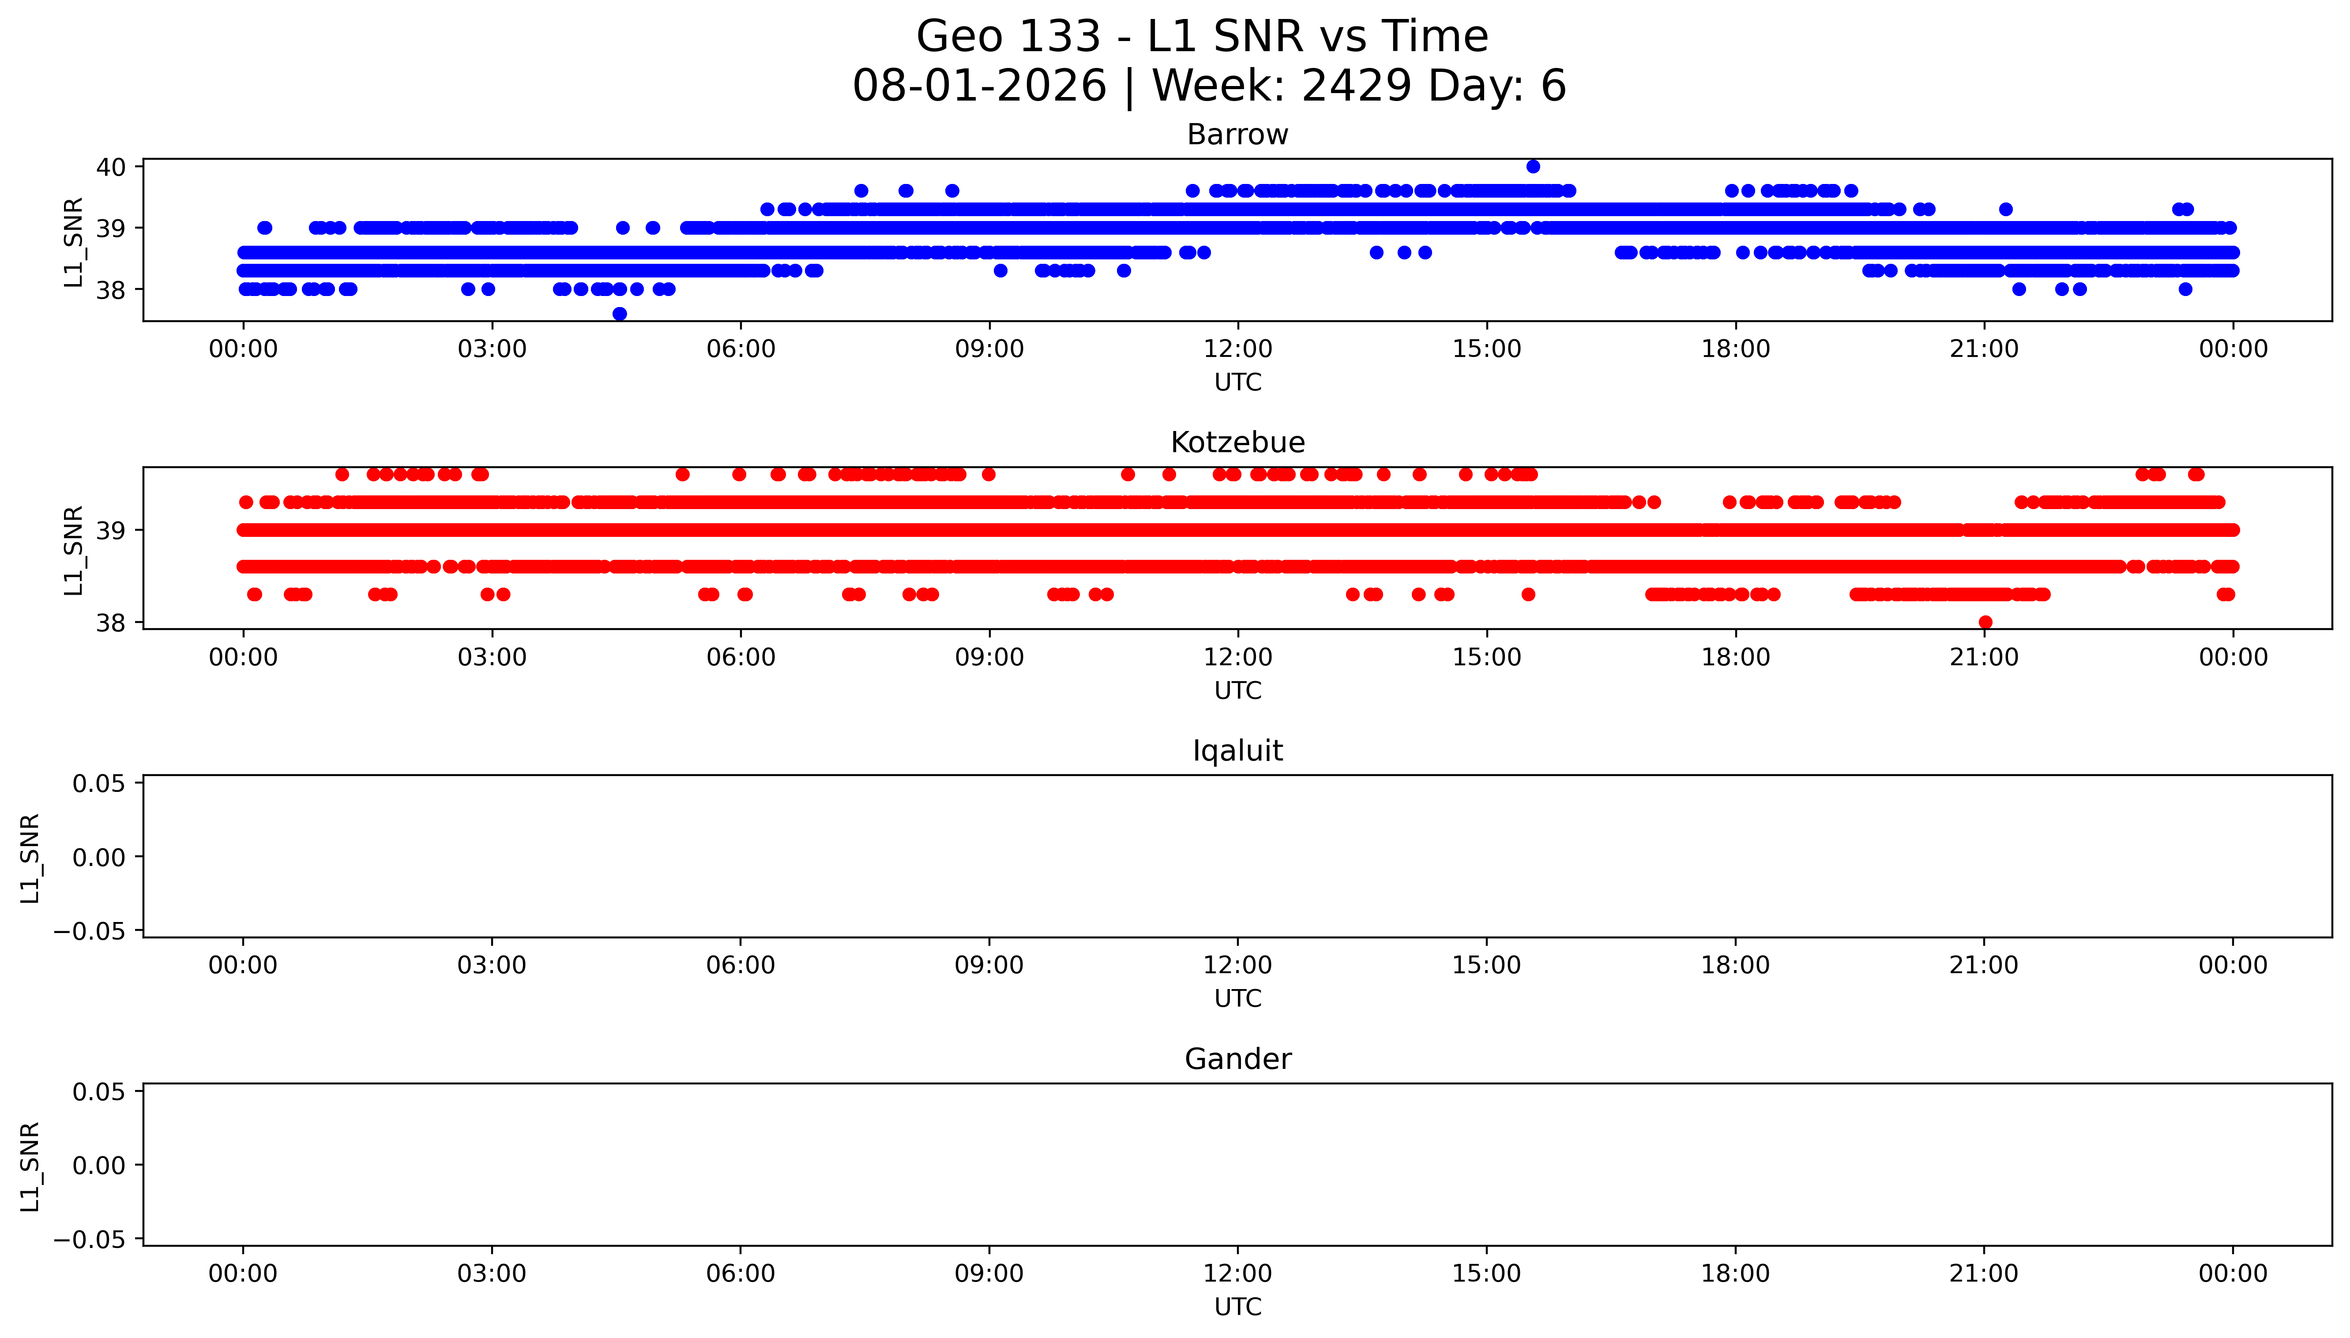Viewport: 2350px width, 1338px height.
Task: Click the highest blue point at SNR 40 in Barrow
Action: click(1533, 166)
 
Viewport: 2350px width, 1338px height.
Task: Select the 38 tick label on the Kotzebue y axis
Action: click(111, 623)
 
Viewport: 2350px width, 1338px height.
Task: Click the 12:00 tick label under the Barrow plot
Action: click(1238, 349)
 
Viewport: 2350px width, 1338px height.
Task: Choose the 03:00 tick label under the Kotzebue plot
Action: click(492, 657)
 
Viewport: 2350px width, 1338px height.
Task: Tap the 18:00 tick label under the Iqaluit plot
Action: click(1735, 965)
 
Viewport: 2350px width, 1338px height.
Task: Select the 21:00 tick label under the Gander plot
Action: click(1984, 1274)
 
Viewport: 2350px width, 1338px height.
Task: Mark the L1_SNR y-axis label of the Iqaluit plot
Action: click(30, 858)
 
